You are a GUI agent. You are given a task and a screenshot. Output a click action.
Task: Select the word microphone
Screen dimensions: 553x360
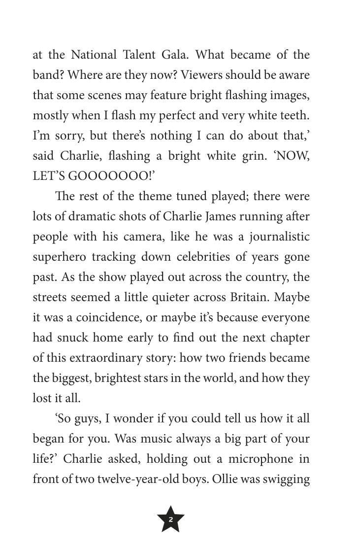[262, 459]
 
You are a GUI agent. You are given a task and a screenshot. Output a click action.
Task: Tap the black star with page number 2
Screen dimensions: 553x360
[170, 519]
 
